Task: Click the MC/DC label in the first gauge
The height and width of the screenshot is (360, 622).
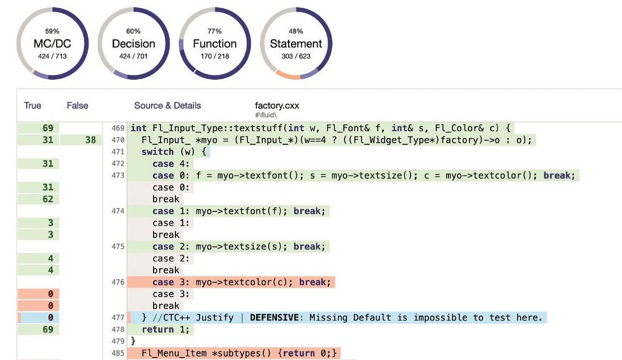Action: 53,44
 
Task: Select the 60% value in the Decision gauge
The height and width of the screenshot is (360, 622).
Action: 133,31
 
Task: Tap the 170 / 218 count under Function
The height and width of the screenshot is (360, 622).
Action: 215,57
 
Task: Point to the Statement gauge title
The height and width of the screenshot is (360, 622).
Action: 295,44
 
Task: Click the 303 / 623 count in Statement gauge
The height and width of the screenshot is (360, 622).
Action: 295,57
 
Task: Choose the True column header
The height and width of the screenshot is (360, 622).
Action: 32,106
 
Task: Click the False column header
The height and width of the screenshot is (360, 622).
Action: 77,106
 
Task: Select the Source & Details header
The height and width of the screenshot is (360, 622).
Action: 167,106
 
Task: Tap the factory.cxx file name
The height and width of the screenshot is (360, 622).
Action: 277,106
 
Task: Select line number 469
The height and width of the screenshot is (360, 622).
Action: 118,129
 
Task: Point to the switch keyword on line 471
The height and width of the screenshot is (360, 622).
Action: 157,152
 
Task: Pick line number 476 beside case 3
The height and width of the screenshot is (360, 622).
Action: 118,282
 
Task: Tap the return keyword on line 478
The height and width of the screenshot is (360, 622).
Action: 157,330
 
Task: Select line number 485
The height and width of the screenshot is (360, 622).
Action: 118,354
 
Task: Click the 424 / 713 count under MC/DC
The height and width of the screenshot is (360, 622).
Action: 53,57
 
